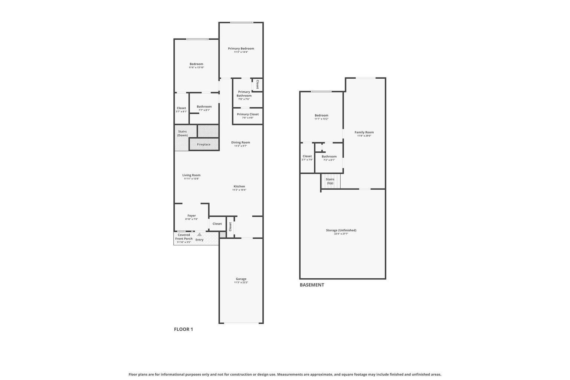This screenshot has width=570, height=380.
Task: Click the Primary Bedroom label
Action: tap(241, 48)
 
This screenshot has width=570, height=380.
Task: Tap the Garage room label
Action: tap(241, 279)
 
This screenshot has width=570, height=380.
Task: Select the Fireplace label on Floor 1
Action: tap(204, 144)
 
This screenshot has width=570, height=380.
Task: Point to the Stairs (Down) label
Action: tap(183, 133)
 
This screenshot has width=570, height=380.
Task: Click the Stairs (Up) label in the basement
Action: tap(330, 181)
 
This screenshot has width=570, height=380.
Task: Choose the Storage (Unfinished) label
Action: tap(341, 230)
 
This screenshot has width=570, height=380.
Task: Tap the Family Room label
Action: tap(364, 132)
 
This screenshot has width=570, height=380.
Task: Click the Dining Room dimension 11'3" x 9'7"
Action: tap(240, 146)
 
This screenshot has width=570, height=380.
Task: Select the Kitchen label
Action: tap(239, 186)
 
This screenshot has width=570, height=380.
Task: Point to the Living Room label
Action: tap(191, 175)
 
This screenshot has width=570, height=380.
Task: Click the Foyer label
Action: tap(191, 216)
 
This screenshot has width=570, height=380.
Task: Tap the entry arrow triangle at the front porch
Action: tap(200, 235)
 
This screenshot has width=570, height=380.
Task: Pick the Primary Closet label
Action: tap(248, 114)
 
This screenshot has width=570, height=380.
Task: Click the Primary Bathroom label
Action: tap(244, 94)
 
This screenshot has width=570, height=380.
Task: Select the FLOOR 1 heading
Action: tap(183, 329)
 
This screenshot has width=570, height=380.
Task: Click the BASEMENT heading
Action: tap(312, 285)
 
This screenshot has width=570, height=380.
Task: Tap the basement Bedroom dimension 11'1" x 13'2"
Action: tap(321, 119)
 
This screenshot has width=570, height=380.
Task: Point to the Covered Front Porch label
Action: tap(184, 237)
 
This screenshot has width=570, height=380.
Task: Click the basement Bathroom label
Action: tap(329, 157)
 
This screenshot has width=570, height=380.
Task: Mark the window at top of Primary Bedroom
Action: tap(242, 22)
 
